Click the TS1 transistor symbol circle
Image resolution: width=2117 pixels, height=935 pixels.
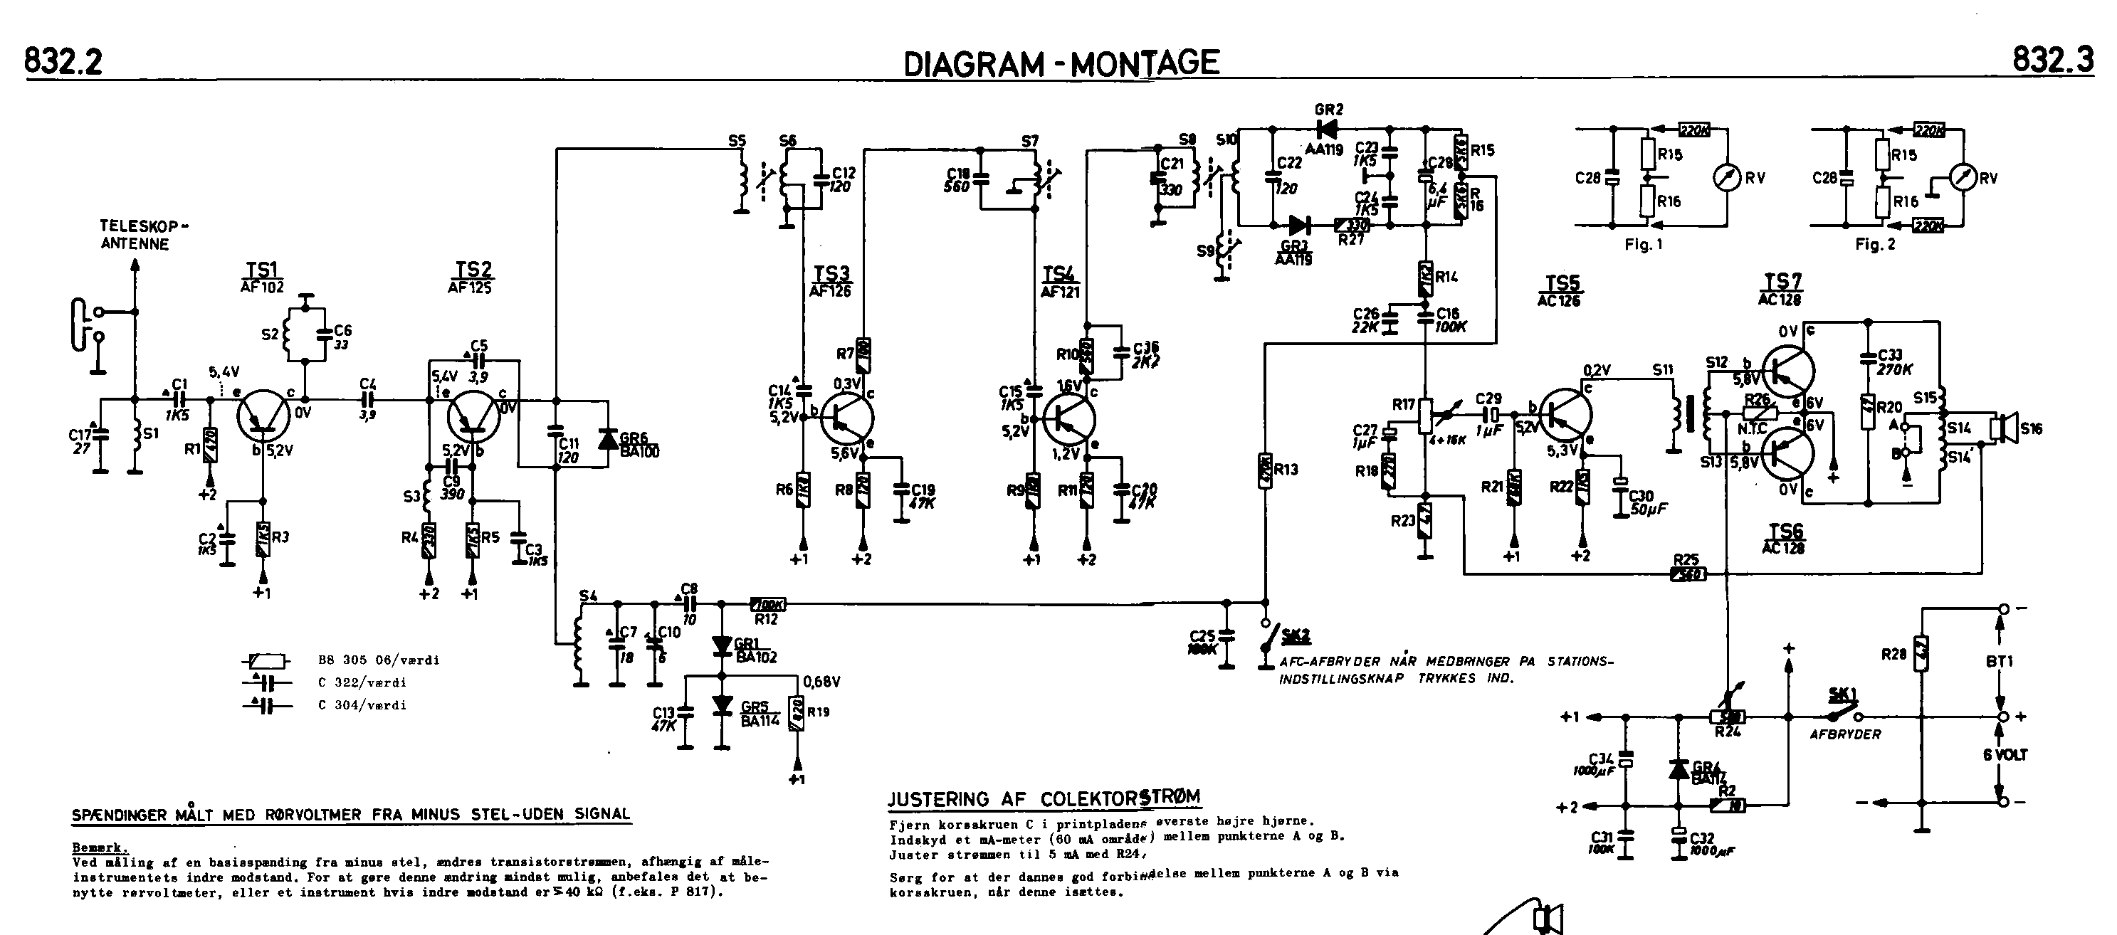click(x=263, y=415)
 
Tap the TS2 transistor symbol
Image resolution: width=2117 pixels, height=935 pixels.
click(x=474, y=416)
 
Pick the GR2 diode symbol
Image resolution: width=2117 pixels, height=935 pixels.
click(x=1324, y=128)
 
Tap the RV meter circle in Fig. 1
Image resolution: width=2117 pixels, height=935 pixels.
click(x=1725, y=177)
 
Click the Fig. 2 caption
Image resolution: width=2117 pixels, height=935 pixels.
click(x=1874, y=245)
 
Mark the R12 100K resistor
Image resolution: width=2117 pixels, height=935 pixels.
click(x=767, y=605)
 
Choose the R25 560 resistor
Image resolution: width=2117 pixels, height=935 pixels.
click(x=1687, y=574)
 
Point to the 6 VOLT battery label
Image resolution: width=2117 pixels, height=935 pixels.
click(x=2005, y=754)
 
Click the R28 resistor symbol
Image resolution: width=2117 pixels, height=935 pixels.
click(x=1921, y=654)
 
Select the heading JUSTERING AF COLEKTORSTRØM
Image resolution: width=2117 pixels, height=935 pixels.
click(x=1044, y=798)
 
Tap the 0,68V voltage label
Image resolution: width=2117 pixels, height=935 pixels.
click(x=822, y=682)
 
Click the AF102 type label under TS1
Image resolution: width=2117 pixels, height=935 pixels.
click(x=262, y=287)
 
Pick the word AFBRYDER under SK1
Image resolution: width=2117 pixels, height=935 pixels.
click(x=1845, y=734)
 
